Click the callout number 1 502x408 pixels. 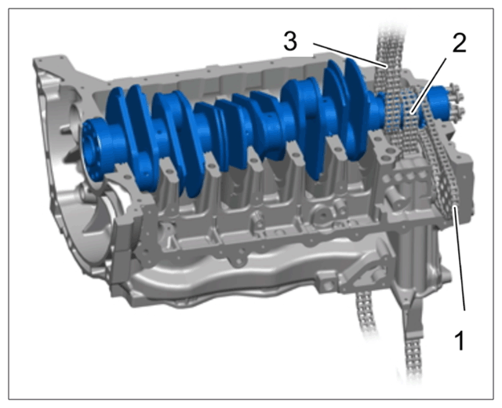point(460,341)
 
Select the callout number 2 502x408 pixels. point(459,43)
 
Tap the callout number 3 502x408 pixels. point(290,42)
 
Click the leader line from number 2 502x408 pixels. point(429,86)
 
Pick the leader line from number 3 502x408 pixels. point(351,55)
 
